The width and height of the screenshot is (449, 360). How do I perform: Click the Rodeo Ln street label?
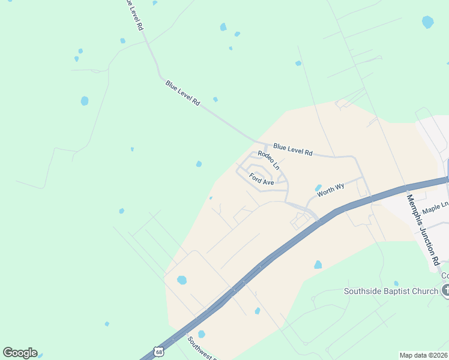(x=268, y=160)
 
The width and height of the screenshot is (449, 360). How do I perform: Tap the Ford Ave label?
(x=261, y=179)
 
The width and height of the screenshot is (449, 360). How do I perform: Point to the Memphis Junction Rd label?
(x=423, y=229)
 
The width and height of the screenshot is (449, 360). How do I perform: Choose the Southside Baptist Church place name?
(x=391, y=292)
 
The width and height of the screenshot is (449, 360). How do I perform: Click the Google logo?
(x=20, y=353)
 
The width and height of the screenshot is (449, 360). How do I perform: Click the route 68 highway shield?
(x=157, y=350)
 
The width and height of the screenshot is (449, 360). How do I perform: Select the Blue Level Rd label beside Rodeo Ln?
(x=292, y=149)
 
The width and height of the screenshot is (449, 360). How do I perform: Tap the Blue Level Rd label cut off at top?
(x=132, y=14)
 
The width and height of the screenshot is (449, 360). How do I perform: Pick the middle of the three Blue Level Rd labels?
(x=182, y=93)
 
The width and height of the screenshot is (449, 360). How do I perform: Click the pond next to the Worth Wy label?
(x=318, y=188)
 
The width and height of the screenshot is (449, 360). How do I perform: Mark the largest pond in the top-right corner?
(x=427, y=22)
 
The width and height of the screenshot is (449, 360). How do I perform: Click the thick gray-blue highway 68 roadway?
(x=282, y=248)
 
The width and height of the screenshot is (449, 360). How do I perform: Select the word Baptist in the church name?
(x=399, y=292)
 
